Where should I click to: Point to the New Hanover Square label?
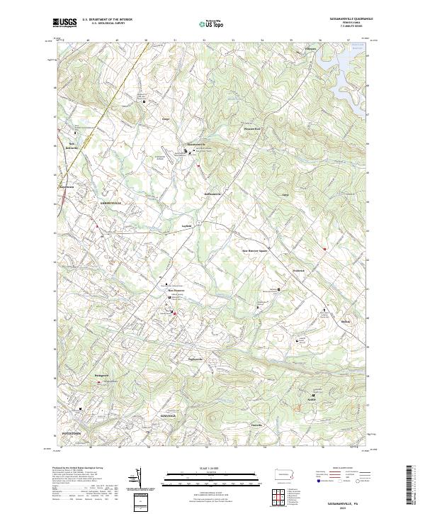(255, 250)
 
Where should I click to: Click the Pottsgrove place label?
(103, 371)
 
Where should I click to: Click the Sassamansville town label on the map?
(191, 144)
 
